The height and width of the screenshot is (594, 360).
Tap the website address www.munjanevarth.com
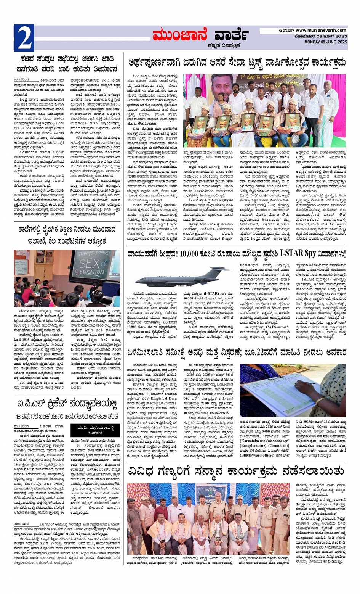coord(321,31)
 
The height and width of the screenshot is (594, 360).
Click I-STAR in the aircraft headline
coord(296,253)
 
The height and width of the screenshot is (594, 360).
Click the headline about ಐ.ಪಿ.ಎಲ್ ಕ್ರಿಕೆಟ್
coord(67,404)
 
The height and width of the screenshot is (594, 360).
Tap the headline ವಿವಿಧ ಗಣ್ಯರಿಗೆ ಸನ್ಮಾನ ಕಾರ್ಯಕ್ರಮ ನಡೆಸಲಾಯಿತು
coord(236,470)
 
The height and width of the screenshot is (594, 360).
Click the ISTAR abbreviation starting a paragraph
coord(307,280)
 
